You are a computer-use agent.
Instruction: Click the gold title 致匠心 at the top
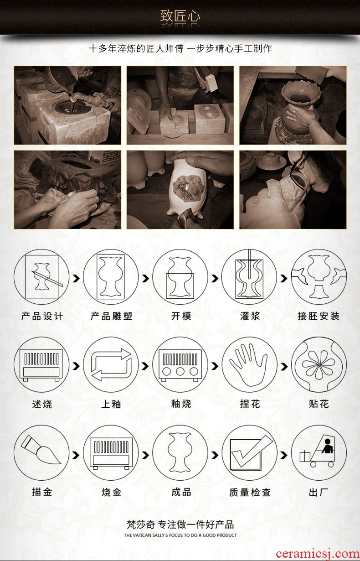pos(180,16)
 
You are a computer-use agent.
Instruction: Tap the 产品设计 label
pos(42,316)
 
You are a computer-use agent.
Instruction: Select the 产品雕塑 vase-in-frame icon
pos(111,276)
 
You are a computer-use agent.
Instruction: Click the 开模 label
pos(181,316)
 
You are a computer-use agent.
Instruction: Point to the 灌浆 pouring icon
pos(249,276)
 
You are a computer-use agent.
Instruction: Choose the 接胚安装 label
pos(319,316)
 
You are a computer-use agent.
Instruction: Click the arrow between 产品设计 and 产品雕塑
pos(76,278)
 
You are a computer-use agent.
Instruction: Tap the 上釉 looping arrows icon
pos(111,364)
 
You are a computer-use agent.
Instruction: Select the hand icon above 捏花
pos(249,364)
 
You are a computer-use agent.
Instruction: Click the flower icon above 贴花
pos(319,364)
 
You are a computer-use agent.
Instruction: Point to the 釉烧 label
pos(181,404)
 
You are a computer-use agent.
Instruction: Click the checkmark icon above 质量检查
pos(249,452)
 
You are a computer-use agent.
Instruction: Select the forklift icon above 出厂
pos(319,452)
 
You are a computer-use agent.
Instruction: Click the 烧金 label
pos(112,492)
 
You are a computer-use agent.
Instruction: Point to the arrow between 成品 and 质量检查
pos(215,455)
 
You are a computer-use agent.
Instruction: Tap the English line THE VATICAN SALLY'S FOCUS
pos(180,535)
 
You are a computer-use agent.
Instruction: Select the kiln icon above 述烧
pos(41,364)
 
